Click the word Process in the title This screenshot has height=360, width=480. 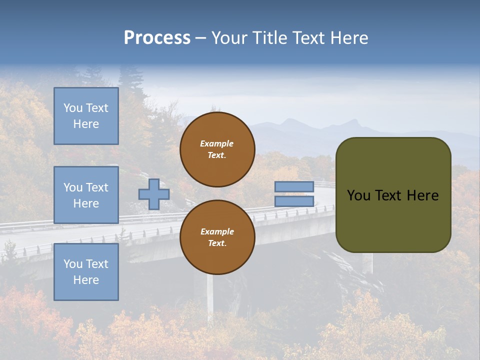coord(157,38)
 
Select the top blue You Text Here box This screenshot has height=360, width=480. coord(86,116)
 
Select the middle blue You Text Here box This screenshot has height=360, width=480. coord(86,195)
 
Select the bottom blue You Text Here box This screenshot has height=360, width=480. coord(86,271)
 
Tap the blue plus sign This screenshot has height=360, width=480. coord(153,194)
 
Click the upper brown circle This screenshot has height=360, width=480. coord(217,149)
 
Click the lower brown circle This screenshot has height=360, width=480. coord(217,237)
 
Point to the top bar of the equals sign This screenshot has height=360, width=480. coord(294,186)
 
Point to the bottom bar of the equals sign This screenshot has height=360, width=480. coord(294,201)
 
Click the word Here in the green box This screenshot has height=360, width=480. coord(422,195)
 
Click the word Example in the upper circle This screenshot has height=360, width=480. coord(217,143)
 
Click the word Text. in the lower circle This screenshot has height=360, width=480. coord(217,243)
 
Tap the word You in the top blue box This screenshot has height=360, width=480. coord(72,108)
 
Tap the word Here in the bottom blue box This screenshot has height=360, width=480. coord(86,280)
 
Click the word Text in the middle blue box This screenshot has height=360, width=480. coord(96,187)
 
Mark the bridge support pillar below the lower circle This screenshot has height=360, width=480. coord(210,297)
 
